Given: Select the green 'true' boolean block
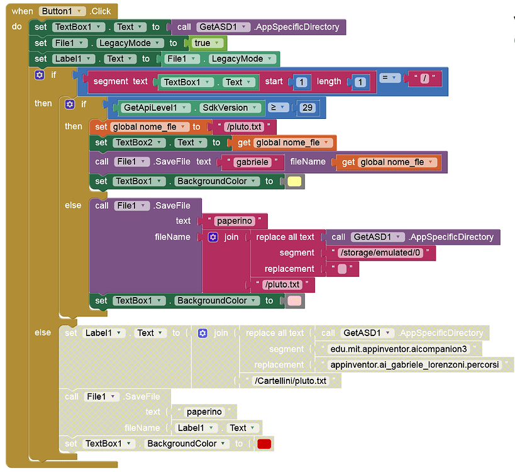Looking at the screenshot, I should (205, 43).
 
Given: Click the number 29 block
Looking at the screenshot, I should (307, 108).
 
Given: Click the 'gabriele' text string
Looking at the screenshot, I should (252, 162).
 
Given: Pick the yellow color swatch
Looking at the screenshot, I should (294, 182).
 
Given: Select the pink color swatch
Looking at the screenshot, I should (294, 301).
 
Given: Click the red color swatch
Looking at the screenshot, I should (264, 444).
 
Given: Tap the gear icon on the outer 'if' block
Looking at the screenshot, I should (40, 75).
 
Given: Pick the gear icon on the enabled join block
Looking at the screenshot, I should (213, 237).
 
